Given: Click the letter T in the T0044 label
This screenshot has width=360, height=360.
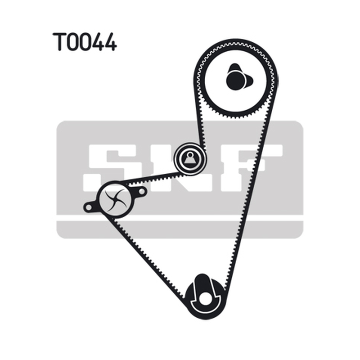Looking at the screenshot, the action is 59,41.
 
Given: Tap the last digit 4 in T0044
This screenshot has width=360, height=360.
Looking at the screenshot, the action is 110,42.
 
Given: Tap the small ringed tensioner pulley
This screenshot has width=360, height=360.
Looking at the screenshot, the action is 189,159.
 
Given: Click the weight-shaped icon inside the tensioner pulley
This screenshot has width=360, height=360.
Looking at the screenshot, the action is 189,158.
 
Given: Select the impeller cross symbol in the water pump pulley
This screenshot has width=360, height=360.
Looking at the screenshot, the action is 115,199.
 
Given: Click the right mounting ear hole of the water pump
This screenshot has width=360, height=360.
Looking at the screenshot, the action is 142,191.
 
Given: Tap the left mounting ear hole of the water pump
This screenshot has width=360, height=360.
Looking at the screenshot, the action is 88,207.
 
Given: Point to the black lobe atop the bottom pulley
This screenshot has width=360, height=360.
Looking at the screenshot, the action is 202,283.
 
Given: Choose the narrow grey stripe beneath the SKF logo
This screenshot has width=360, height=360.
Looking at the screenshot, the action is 180,229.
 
